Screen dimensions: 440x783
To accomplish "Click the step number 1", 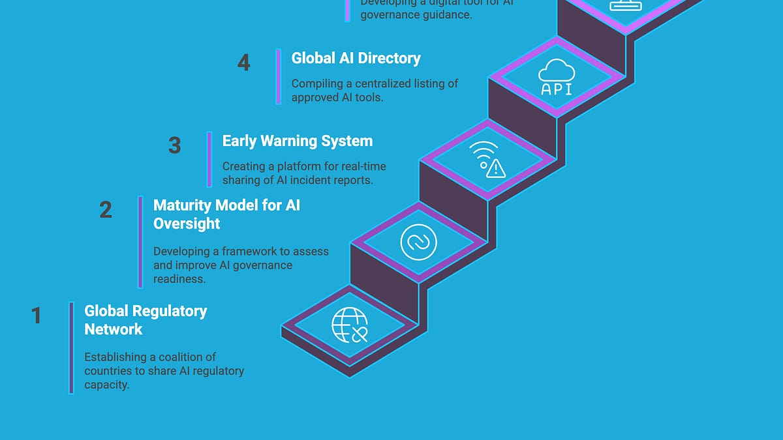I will click(x=37, y=315).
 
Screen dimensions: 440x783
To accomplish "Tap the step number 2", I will click(x=105, y=210).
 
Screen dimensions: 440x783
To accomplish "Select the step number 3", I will click(x=174, y=145).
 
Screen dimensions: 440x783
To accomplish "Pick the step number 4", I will click(x=243, y=63).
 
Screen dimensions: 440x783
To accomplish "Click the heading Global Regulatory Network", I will click(x=145, y=320).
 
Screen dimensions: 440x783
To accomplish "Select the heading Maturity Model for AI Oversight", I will click(x=226, y=214).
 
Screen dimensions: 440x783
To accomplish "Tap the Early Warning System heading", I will click(x=297, y=141).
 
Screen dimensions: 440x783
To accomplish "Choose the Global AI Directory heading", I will click(x=356, y=58).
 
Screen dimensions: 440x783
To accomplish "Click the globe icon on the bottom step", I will click(x=350, y=325).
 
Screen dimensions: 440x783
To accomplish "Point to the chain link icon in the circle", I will click(x=418, y=242).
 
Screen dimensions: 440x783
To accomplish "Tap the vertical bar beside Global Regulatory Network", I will click(x=71, y=347).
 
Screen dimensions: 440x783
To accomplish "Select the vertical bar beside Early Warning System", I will click(x=209, y=159).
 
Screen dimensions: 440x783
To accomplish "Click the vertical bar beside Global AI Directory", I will click(x=279, y=76).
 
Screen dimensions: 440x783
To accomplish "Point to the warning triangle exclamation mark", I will click(x=497, y=170).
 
